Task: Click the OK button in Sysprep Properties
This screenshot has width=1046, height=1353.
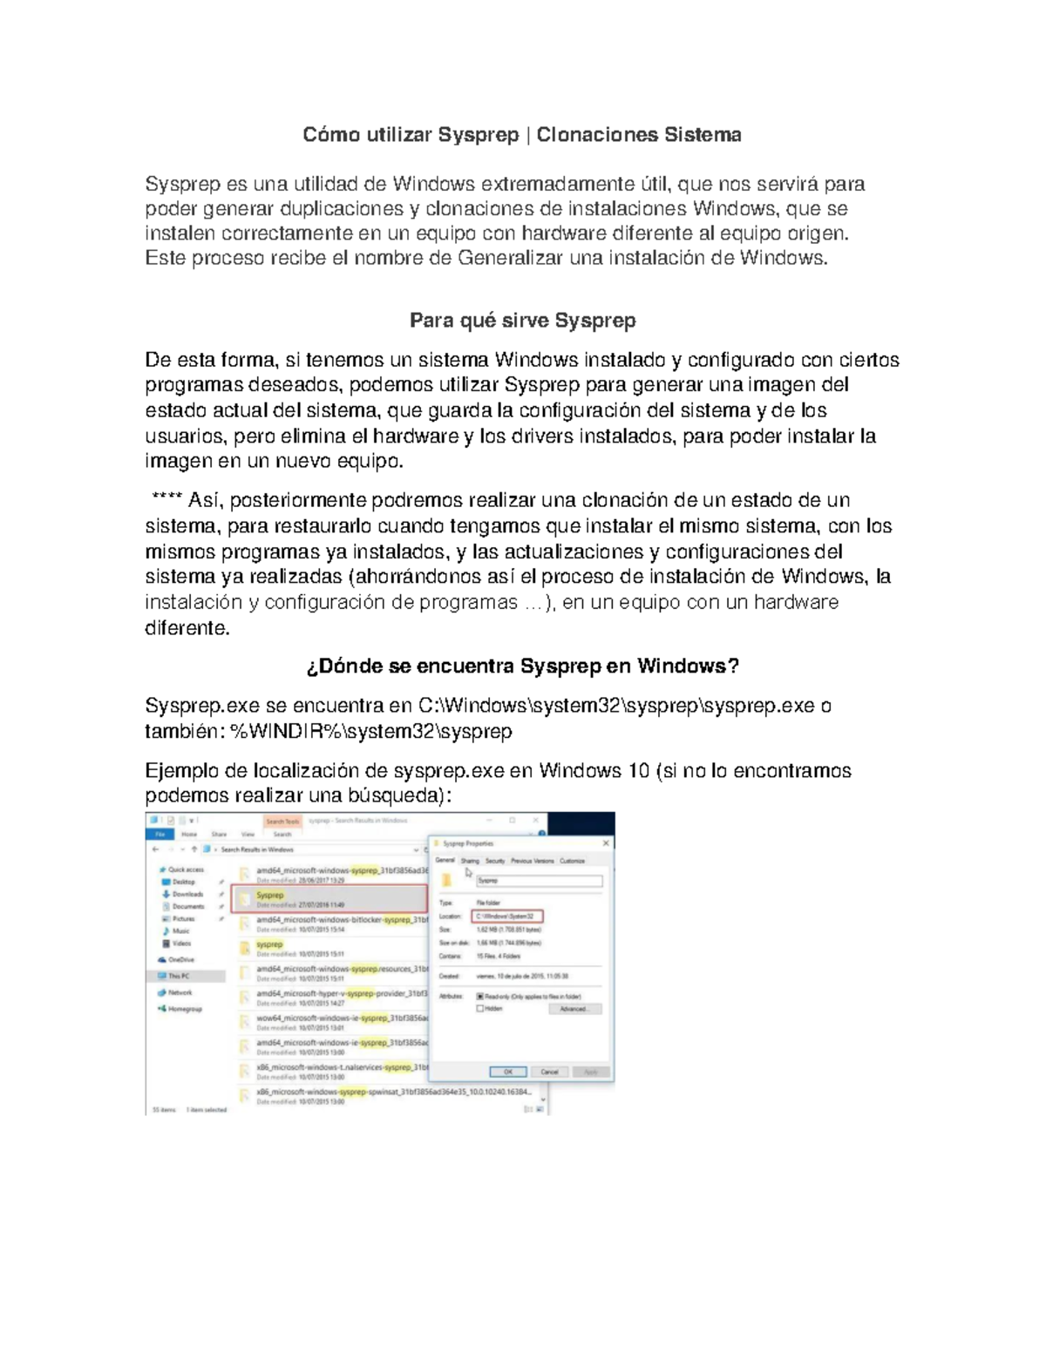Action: tap(507, 1072)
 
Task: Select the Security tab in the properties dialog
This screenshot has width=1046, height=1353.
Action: tap(495, 861)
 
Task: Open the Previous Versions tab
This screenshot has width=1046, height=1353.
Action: tap(532, 861)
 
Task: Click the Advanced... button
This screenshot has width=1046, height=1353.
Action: tap(574, 1009)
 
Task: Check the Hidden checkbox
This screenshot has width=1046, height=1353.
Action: tap(480, 1009)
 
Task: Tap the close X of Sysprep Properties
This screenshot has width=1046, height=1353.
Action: tap(606, 843)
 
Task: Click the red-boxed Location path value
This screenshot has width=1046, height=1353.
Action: tap(506, 917)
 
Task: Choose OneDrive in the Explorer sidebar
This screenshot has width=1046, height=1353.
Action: tap(181, 959)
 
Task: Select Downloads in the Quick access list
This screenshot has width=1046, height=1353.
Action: tap(187, 894)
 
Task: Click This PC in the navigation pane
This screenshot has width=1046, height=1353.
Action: tap(179, 976)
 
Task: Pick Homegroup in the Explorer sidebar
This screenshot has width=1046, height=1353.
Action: tap(184, 1009)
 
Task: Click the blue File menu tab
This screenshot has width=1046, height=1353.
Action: tap(160, 834)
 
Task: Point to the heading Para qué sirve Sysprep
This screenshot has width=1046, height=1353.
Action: tap(522, 321)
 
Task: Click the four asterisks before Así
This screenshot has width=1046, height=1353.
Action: tap(167, 500)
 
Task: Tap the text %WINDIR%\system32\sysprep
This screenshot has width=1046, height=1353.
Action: tap(371, 732)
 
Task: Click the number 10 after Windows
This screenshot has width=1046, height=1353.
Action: tap(636, 771)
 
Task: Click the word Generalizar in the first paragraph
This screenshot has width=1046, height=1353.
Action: tap(510, 259)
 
